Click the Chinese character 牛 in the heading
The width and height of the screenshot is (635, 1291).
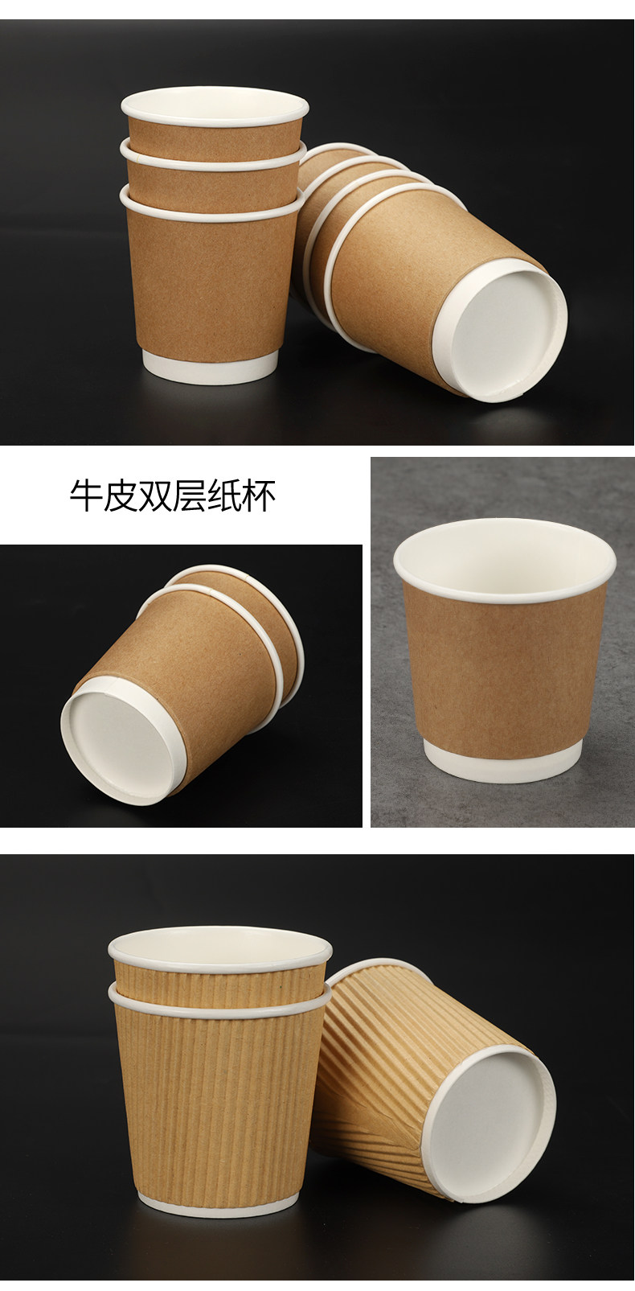coord(87,496)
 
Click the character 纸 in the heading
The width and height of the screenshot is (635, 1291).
coord(224,496)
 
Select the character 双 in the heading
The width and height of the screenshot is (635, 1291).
coord(155,496)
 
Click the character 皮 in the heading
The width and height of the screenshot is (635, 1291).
coord(121,496)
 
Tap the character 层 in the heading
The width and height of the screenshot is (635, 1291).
coord(190,496)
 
